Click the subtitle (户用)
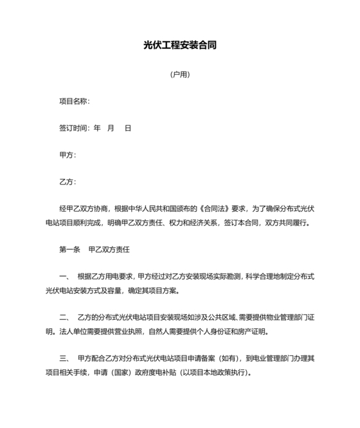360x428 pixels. click(179, 74)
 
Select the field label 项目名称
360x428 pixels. click(73, 101)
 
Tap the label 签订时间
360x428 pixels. click(73, 128)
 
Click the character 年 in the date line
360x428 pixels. click(97, 128)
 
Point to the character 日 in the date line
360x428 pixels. click(128, 128)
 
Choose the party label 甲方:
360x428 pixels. click(67, 155)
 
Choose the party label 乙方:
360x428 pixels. click(67, 182)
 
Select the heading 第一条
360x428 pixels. click(69, 248)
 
